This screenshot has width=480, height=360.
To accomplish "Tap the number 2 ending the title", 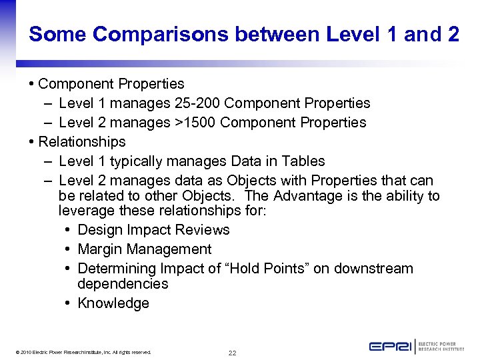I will tap(453, 34).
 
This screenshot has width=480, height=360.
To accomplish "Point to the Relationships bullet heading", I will tap(82, 142).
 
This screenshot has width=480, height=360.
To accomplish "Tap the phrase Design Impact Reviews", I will tap(153, 230).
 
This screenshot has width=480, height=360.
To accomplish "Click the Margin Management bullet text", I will tap(145, 249).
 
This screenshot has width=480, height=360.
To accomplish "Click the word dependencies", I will tap(123, 284).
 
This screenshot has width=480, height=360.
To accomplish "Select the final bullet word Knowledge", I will tap(113, 303).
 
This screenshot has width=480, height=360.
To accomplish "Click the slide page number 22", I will tap(232, 353).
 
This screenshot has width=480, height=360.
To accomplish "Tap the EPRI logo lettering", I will tap(391, 347).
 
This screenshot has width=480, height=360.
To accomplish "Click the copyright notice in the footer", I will tap(81, 353).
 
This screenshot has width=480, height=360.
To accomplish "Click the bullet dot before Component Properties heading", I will tap(32, 84).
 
